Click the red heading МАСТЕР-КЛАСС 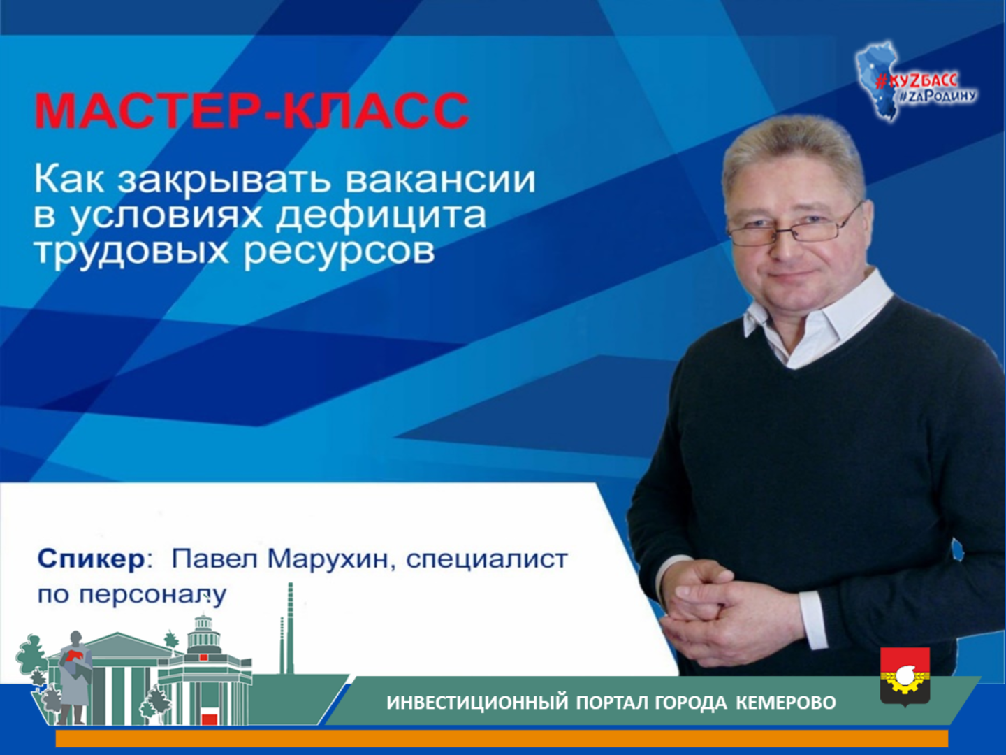coord(252,111)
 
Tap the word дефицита coord(381,215)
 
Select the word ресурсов coord(339,251)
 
